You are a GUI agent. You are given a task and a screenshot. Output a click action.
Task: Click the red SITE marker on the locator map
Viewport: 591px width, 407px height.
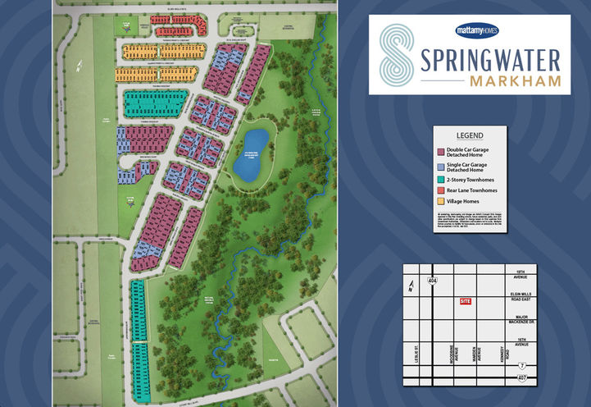(466, 302)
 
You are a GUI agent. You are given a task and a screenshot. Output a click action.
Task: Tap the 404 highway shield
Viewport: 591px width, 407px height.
(432, 281)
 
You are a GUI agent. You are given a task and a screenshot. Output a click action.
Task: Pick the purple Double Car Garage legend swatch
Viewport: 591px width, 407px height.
(440, 152)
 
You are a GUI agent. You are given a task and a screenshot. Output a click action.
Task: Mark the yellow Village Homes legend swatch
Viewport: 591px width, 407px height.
(440, 201)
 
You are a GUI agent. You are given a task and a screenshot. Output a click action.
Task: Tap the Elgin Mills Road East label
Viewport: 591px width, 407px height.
(521, 294)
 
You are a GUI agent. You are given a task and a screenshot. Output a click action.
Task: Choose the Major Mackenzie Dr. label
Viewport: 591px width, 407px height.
(521, 320)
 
